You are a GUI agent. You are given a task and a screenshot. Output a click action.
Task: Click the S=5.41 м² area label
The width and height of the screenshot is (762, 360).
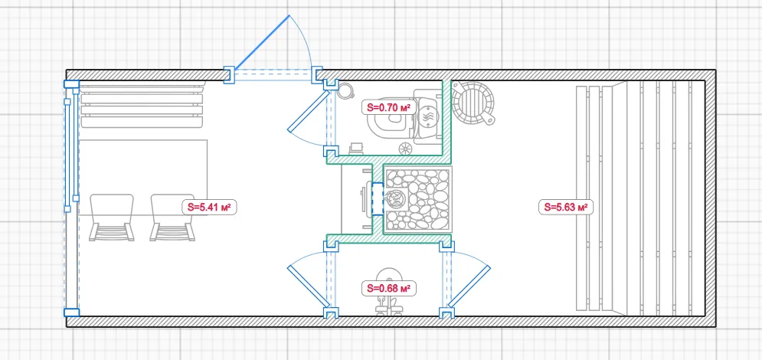(209, 208)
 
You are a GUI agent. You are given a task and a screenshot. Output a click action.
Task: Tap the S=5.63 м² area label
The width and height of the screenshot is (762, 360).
(566, 207)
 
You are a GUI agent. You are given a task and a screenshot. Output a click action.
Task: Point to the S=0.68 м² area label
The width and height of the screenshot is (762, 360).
(389, 288)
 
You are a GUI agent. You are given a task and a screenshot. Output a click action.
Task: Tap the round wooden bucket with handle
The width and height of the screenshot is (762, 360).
(473, 103)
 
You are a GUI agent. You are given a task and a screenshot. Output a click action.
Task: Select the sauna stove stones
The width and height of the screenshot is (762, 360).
(417, 200)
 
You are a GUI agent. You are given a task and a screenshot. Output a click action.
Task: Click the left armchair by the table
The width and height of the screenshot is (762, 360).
(112, 218)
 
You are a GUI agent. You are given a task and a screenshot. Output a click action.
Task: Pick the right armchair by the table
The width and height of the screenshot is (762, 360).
(172, 218)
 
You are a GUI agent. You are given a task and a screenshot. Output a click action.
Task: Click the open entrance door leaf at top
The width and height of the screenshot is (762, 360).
(263, 43)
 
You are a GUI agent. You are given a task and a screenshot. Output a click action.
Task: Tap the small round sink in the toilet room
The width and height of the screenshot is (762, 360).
(345, 91)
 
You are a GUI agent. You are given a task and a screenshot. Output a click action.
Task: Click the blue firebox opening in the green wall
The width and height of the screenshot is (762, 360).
(378, 198)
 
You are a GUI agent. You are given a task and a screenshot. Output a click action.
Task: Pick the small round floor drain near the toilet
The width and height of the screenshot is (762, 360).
(405, 149)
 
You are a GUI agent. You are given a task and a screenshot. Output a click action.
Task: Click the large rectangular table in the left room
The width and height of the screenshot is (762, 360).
(143, 178)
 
